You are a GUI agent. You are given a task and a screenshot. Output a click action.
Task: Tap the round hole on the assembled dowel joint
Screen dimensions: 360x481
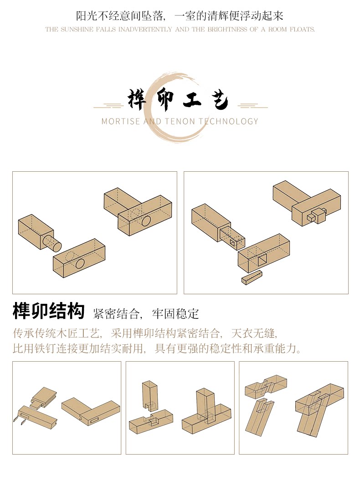tap(146, 221)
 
